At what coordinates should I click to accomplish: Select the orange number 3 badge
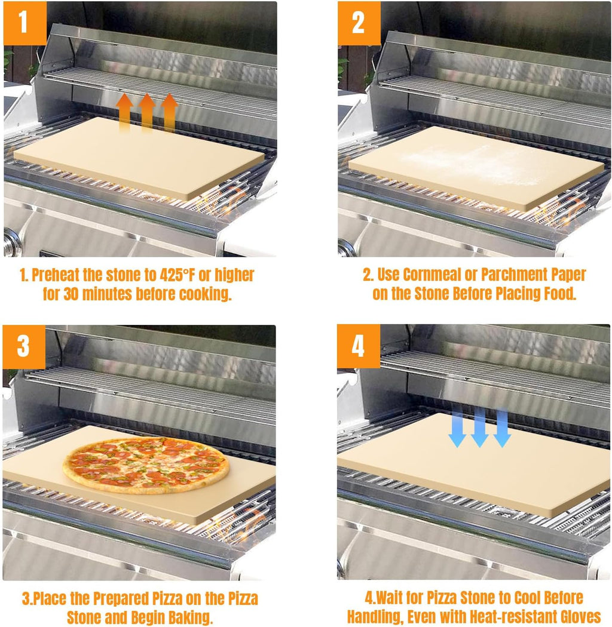click(x=24, y=346)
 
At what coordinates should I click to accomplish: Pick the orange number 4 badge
click(x=358, y=346)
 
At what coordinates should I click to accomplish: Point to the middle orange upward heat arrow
click(x=147, y=112)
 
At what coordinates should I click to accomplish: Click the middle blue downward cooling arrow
click(x=479, y=428)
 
